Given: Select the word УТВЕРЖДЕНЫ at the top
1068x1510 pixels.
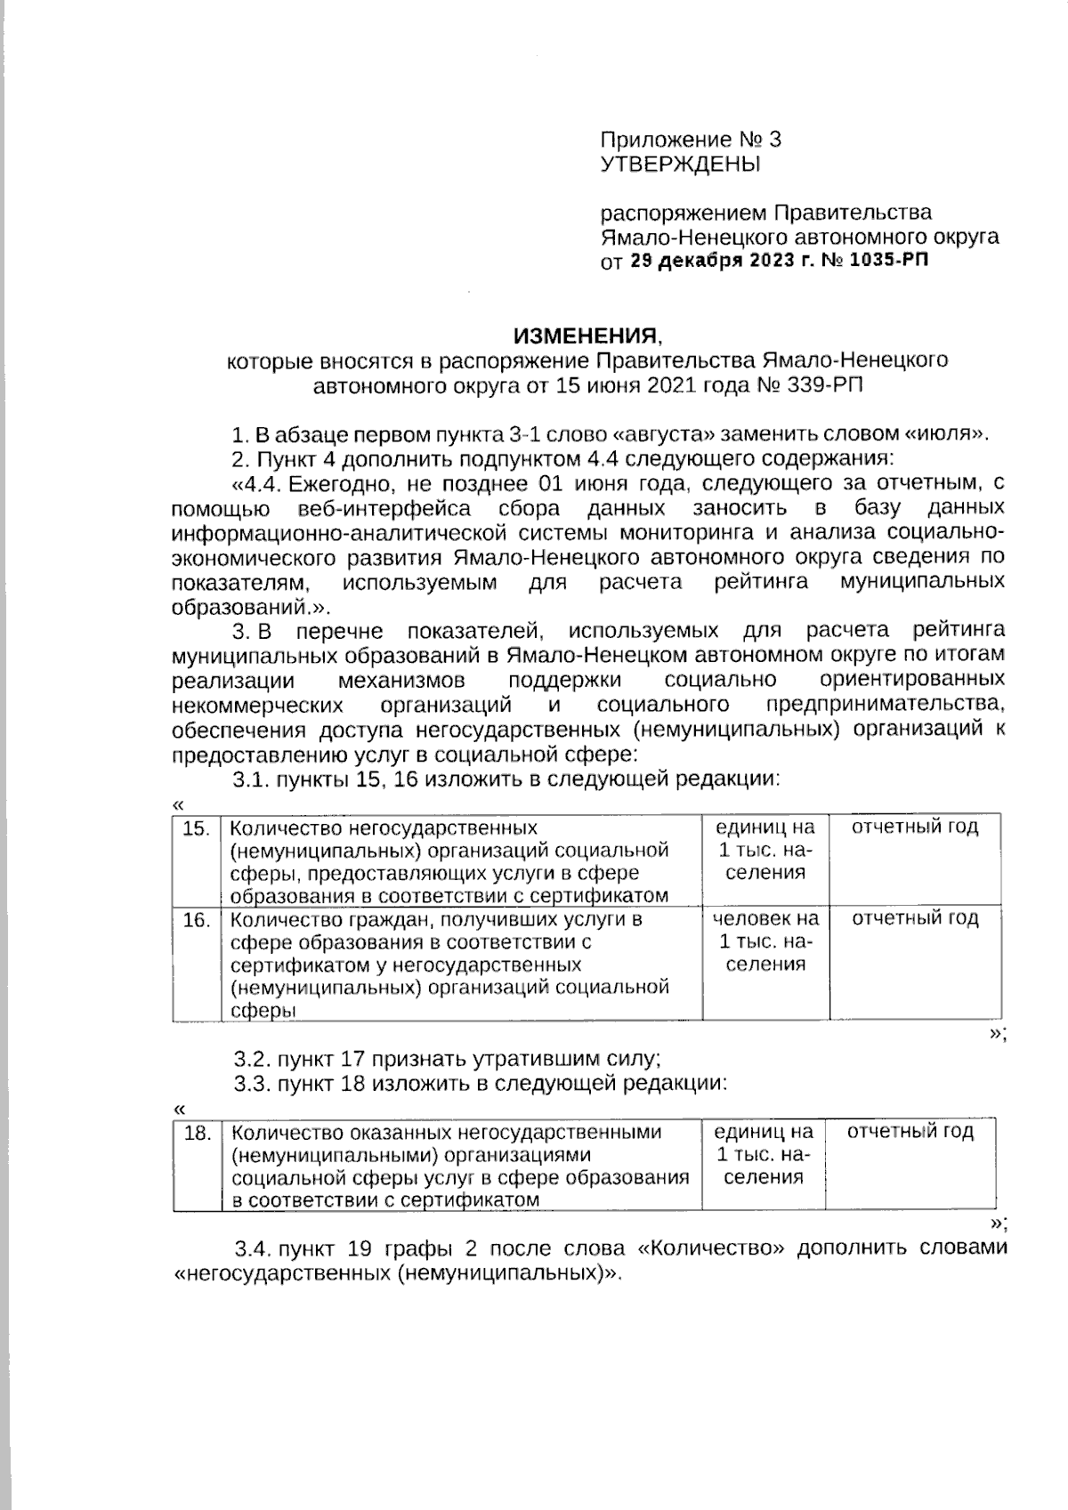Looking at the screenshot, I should click(x=681, y=164).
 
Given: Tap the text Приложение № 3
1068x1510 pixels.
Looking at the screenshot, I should click(x=692, y=140).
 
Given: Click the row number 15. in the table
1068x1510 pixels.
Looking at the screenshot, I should click(x=196, y=829).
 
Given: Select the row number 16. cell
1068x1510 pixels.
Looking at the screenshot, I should click(x=196, y=920).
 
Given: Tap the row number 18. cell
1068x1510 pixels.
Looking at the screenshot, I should click(x=196, y=1134).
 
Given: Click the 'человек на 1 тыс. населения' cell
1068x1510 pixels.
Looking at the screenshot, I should click(x=766, y=941).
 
